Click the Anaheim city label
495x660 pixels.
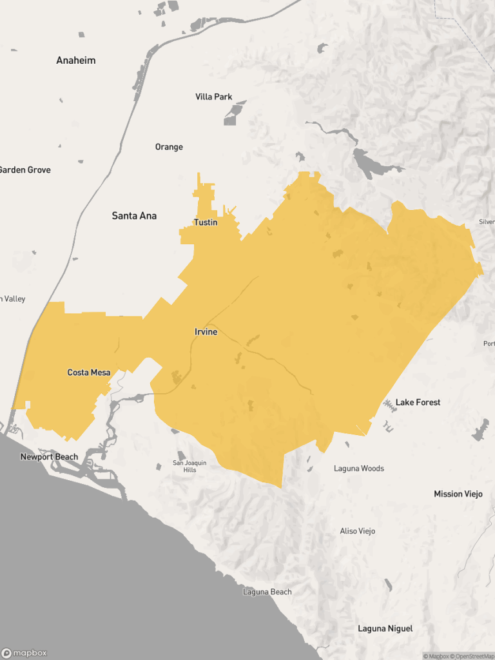point(76,61)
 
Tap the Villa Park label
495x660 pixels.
point(213,97)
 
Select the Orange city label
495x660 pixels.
point(169,147)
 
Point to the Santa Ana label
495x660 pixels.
point(134,216)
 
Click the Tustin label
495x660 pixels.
point(206,222)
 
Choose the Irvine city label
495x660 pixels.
point(206,332)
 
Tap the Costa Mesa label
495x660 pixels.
point(89,373)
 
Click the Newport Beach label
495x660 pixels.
point(49,457)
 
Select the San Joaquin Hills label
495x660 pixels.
point(189,466)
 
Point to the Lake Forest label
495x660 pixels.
point(418,402)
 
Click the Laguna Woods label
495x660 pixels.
point(358,469)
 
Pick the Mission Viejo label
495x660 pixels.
point(458,494)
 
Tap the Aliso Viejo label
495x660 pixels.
point(357,531)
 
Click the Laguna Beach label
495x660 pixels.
point(267,592)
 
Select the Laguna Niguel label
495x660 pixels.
point(385,628)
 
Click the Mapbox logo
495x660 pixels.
point(24,652)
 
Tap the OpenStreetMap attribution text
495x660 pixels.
point(473,656)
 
